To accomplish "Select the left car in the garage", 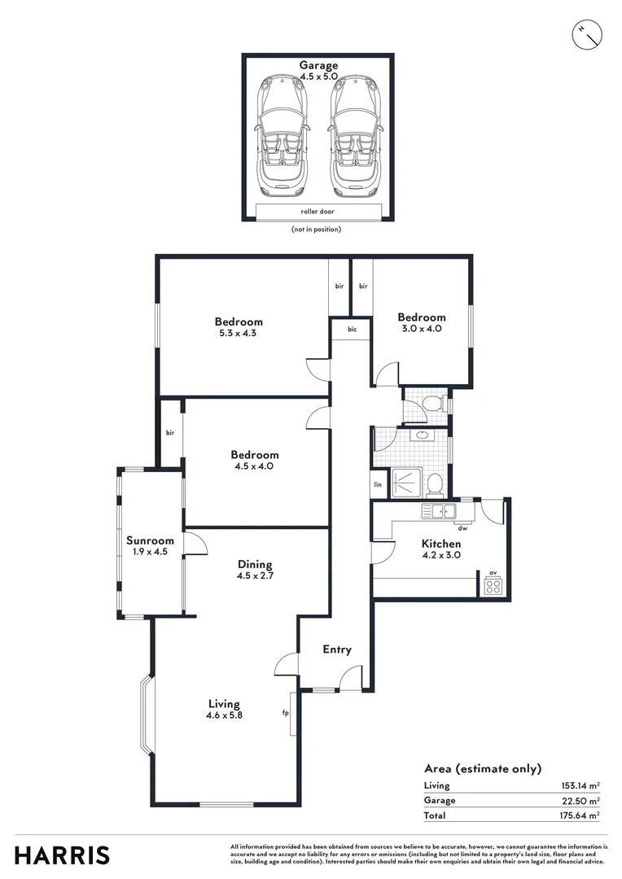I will pyautogui.click(x=280, y=137).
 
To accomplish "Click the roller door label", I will pyautogui.click(x=318, y=212).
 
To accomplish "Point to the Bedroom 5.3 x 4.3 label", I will pyautogui.click(x=239, y=327).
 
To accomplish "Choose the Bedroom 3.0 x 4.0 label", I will pyautogui.click(x=421, y=322).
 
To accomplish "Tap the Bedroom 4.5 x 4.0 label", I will pyautogui.click(x=254, y=461).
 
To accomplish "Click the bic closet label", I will pyautogui.click(x=352, y=330).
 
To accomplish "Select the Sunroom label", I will pyautogui.click(x=150, y=545).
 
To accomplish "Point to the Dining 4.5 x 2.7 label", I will pyautogui.click(x=254, y=570).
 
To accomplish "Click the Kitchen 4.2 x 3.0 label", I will pyautogui.click(x=441, y=549).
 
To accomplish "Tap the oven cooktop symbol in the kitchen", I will pyautogui.click(x=493, y=585).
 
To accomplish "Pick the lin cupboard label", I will pyautogui.click(x=378, y=484).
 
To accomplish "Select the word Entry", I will pyautogui.click(x=337, y=649).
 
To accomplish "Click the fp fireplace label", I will pyautogui.click(x=285, y=713).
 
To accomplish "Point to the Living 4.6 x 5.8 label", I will pyautogui.click(x=224, y=709).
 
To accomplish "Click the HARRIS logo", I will pyautogui.click(x=62, y=855).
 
